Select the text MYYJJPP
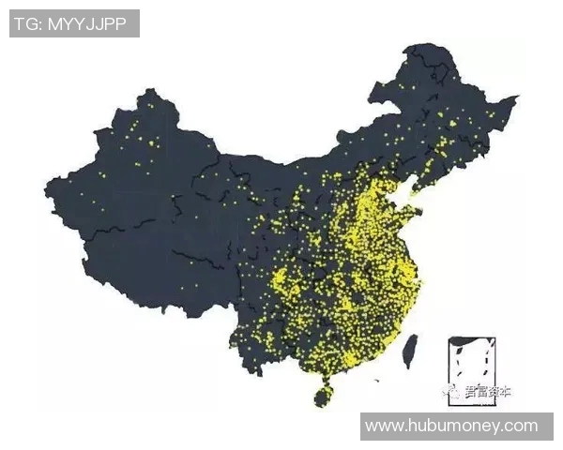[x=87, y=23]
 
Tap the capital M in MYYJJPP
[x=54, y=23]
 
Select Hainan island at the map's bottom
[x=322, y=395]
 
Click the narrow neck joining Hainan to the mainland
[x=324, y=380]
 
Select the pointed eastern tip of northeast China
[x=516, y=97]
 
